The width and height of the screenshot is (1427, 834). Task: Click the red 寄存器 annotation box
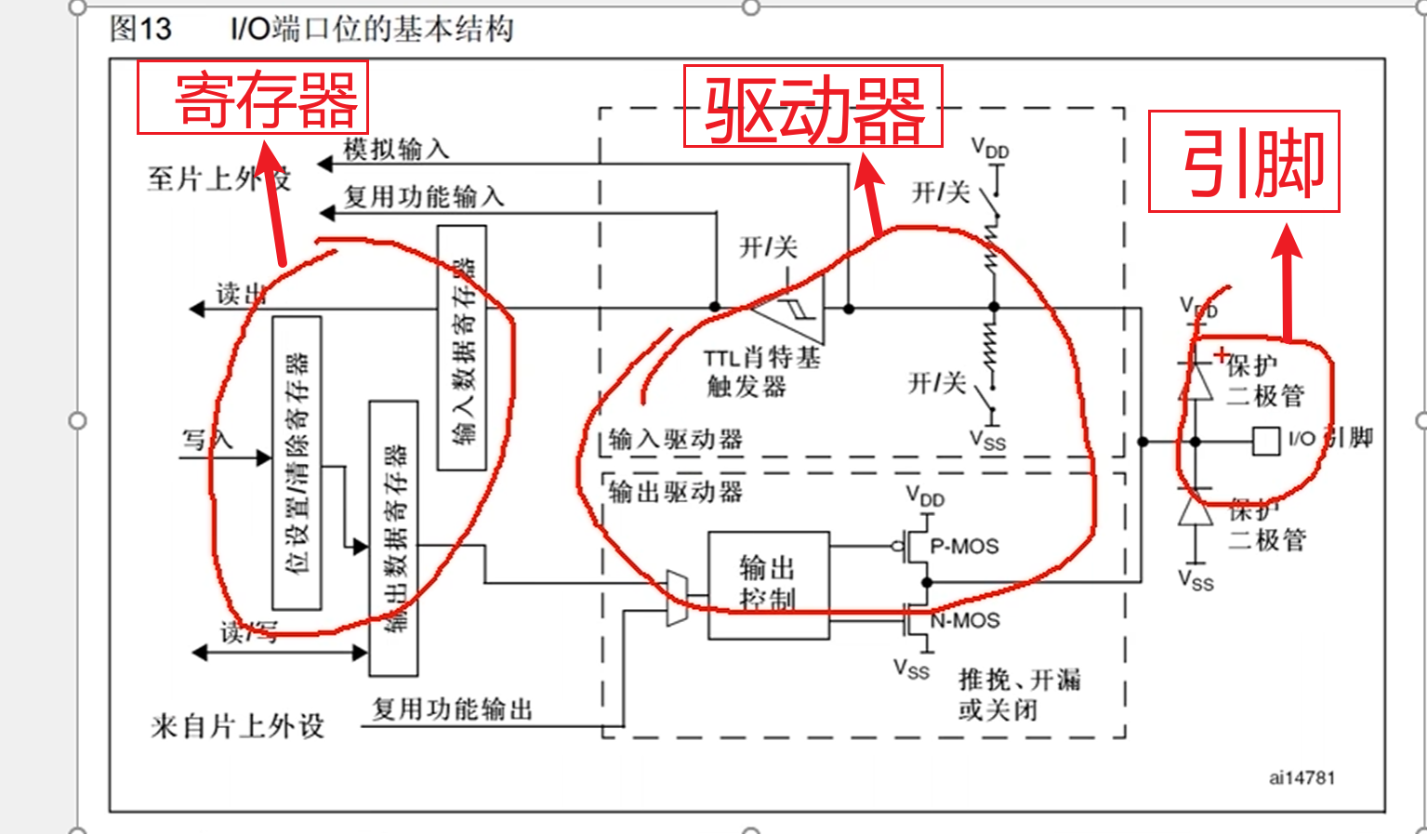point(253,98)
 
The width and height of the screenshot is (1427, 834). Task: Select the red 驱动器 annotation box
point(813,107)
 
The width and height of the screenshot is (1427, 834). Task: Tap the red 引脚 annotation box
point(1244,162)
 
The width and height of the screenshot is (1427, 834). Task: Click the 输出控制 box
point(768,585)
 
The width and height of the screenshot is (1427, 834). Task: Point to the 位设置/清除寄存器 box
point(297,463)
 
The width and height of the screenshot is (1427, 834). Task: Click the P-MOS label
point(965,547)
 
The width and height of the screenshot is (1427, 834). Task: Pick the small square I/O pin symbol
point(1265,441)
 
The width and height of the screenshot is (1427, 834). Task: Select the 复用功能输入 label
point(424,196)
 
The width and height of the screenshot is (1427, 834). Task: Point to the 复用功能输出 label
point(452,709)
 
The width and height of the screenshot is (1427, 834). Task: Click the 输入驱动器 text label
point(676,440)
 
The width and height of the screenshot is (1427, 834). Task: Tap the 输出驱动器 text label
point(676,492)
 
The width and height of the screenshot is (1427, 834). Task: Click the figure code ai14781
point(1301,777)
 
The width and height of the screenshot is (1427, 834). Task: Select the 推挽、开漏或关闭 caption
point(1018,694)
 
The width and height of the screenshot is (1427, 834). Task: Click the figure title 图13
point(140,29)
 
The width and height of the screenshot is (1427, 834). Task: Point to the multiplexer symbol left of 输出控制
point(678,598)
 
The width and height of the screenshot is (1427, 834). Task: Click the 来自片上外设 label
point(237,725)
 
